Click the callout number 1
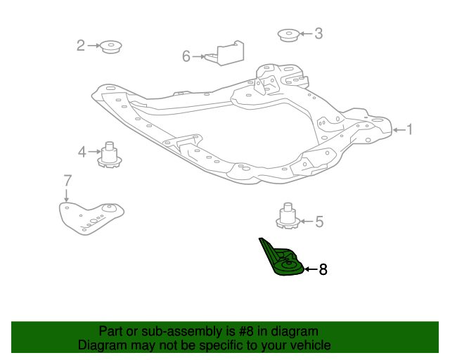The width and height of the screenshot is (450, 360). (x=410, y=129)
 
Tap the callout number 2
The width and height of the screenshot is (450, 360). (x=81, y=46)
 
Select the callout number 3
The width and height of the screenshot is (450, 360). (x=318, y=33)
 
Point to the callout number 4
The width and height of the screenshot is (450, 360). (x=82, y=151)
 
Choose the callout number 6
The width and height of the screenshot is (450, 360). (x=186, y=56)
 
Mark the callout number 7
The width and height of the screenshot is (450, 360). (x=67, y=179)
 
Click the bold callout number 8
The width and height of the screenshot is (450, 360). (x=323, y=269)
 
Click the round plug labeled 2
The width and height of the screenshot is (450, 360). (x=110, y=47)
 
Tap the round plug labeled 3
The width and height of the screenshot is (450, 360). (x=287, y=34)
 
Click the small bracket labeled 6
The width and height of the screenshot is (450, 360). (x=225, y=53)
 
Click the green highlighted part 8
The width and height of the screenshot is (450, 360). (x=283, y=260)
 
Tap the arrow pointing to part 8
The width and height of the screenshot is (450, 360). (x=310, y=269)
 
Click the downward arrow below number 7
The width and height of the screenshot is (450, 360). (x=67, y=195)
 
